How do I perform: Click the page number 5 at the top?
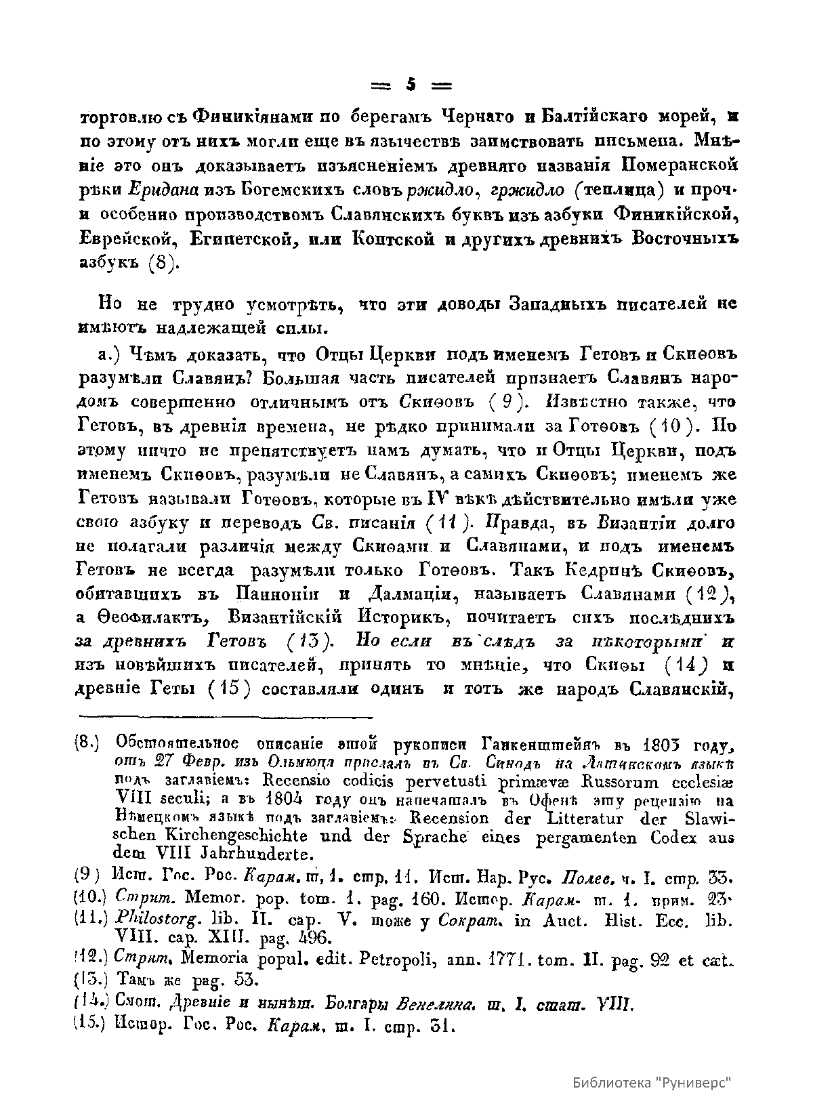tap(411, 85)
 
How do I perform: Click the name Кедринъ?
tap(612, 571)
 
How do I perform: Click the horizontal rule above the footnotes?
tap(226, 716)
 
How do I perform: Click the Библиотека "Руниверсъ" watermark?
tap(653, 1082)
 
